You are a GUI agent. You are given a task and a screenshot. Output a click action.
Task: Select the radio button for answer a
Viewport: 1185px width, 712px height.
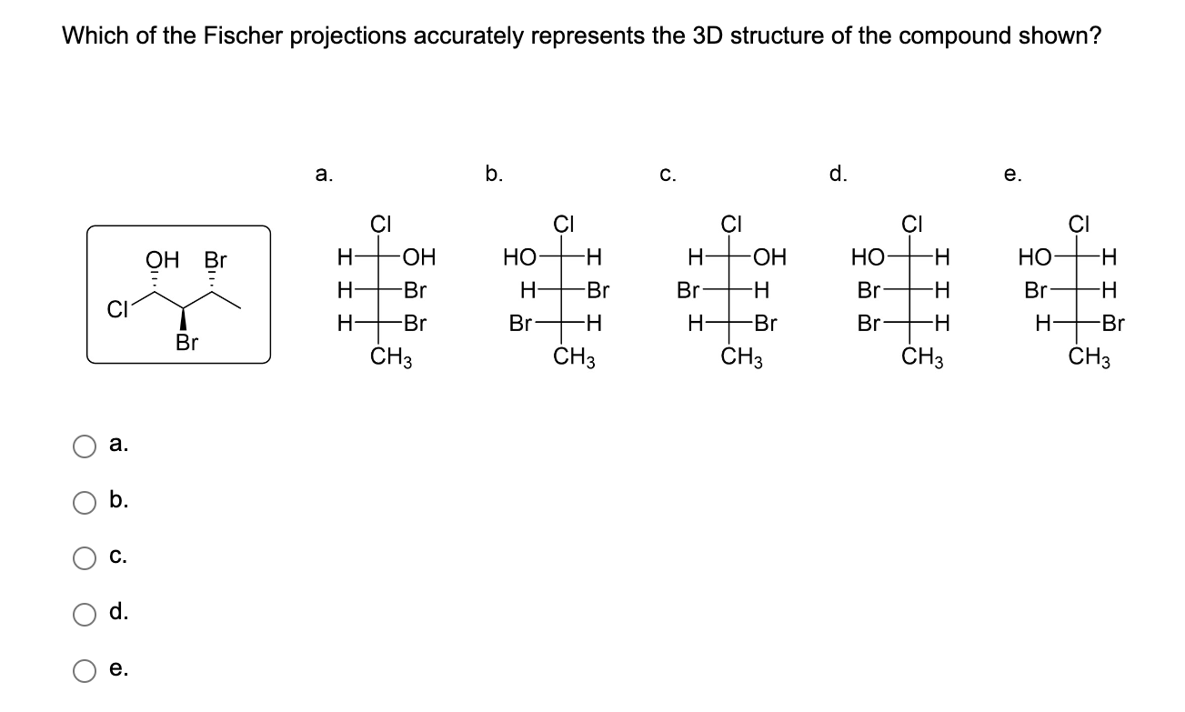click(x=85, y=446)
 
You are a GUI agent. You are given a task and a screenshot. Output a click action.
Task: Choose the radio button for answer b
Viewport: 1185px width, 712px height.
click(x=85, y=502)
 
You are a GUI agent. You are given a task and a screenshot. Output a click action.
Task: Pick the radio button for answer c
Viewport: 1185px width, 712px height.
click(x=85, y=557)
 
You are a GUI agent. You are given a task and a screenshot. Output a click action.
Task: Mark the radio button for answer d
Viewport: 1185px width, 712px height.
click(x=85, y=614)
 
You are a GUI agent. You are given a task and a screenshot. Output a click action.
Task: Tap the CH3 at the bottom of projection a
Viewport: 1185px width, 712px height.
click(x=392, y=357)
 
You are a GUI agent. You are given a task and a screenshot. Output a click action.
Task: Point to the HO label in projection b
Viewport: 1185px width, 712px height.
click(x=520, y=258)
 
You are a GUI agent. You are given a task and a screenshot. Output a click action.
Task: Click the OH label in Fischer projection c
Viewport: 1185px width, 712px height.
click(x=769, y=258)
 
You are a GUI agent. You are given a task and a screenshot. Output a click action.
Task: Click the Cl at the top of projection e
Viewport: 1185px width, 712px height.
click(x=1080, y=223)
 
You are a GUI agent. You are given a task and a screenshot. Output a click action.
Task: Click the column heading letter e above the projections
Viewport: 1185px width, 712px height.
click(x=1012, y=176)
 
